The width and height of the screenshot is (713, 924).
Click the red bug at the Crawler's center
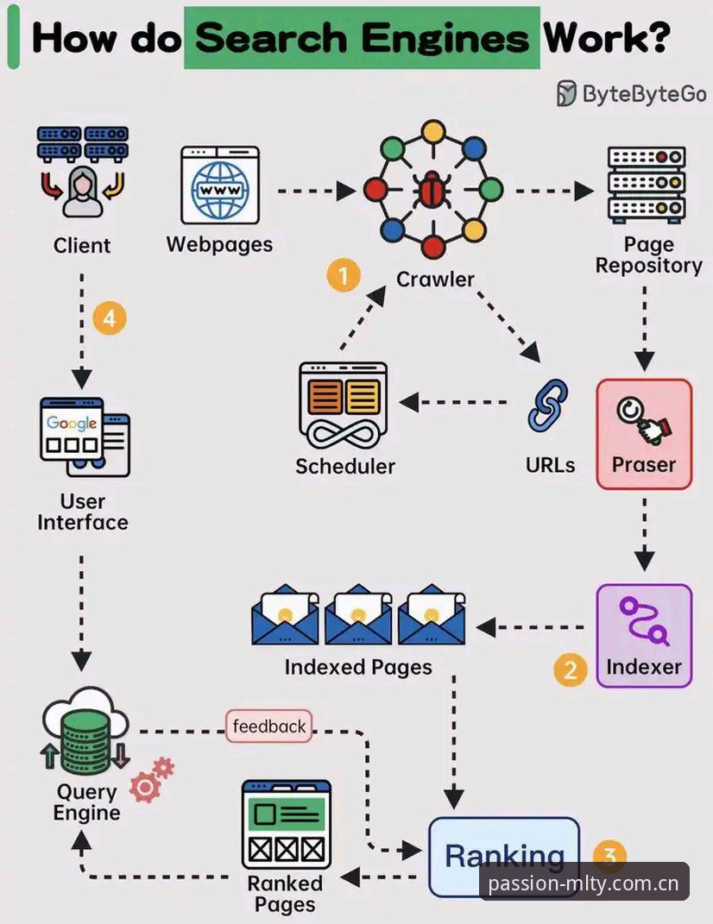point(432,190)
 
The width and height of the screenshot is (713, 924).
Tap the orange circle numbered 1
point(344,274)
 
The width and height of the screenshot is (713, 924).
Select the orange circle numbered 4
point(110,318)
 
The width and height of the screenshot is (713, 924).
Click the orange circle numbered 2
point(571,669)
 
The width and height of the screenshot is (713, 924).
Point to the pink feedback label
point(269,726)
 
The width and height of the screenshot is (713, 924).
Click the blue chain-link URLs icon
point(548,405)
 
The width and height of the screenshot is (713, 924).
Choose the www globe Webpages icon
point(220,185)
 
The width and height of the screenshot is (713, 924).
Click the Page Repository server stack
point(647,185)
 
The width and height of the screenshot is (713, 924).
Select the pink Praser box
point(644,434)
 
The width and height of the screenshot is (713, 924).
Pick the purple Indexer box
point(644,636)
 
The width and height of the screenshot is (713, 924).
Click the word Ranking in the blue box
point(504,856)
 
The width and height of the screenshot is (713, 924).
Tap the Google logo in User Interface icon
point(72,423)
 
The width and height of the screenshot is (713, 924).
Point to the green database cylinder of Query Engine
point(86,741)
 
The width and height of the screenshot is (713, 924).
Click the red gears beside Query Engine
point(152,780)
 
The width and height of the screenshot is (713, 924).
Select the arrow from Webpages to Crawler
point(317,191)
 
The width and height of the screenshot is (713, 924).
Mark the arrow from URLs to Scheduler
point(453,403)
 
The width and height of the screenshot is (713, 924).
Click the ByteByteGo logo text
point(645,94)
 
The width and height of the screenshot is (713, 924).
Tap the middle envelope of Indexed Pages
point(358,614)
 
